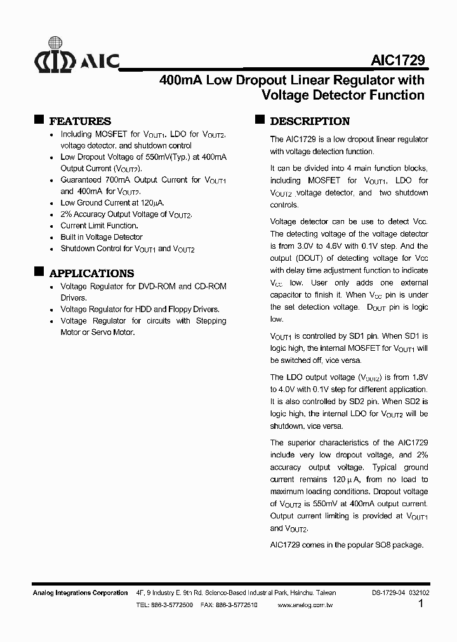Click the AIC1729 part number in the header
[x=398, y=60]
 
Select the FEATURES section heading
[x=80, y=121]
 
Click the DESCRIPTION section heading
[x=310, y=121]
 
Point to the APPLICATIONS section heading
[x=91, y=273]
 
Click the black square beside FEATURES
[x=38, y=119]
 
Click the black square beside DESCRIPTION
[x=259, y=119]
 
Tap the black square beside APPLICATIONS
[x=38, y=272]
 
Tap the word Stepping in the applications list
[x=211, y=321]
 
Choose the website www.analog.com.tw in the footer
[x=305, y=605]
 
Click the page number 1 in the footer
[x=421, y=604]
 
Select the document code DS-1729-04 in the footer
[x=388, y=593]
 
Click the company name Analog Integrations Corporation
[x=80, y=593]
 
